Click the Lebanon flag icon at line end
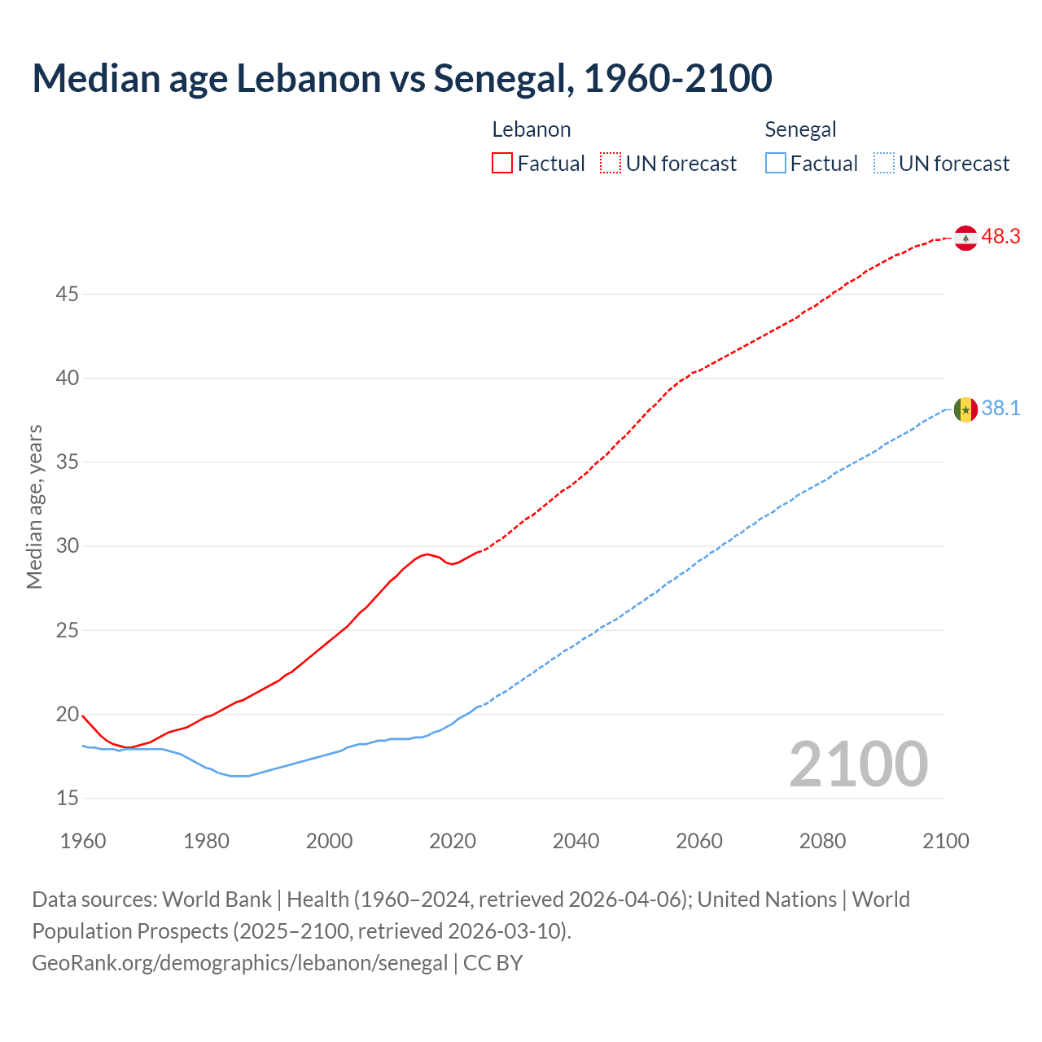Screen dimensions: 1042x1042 click(x=965, y=238)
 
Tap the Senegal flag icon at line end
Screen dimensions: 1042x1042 click(x=965, y=409)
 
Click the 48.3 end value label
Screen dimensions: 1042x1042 click(x=1000, y=237)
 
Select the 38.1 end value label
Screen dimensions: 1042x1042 click(x=1000, y=409)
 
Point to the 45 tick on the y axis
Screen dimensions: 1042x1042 click(x=67, y=294)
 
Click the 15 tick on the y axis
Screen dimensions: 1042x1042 click(x=67, y=799)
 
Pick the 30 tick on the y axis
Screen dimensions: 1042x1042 click(x=67, y=546)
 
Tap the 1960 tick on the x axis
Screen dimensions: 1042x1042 click(x=83, y=841)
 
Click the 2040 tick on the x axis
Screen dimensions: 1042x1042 click(x=576, y=841)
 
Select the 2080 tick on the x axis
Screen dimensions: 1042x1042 click(x=822, y=841)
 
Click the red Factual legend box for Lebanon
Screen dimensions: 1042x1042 click(x=502, y=164)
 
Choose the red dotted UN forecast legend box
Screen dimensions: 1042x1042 click(x=611, y=164)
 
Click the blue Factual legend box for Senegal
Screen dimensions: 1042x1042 click(x=775, y=164)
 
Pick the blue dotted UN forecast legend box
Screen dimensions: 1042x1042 click(x=883, y=164)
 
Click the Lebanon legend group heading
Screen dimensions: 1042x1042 click(x=531, y=129)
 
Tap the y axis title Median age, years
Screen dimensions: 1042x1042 click(x=34, y=506)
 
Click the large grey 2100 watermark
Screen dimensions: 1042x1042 click(x=858, y=764)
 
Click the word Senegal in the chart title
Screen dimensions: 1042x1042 click(x=499, y=79)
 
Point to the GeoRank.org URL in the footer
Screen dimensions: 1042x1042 click(x=239, y=963)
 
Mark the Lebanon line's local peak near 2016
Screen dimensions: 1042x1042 click(x=427, y=554)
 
